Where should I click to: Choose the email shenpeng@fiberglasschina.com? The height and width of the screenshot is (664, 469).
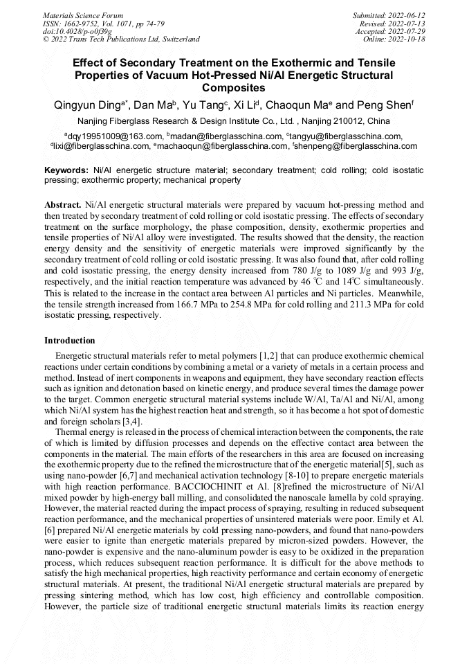point(356,146)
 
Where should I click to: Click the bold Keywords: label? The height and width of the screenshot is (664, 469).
point(66,170)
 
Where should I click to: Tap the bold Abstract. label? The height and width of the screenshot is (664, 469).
point(62,206)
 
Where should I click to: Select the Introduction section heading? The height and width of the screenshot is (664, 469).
point(70,341)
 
